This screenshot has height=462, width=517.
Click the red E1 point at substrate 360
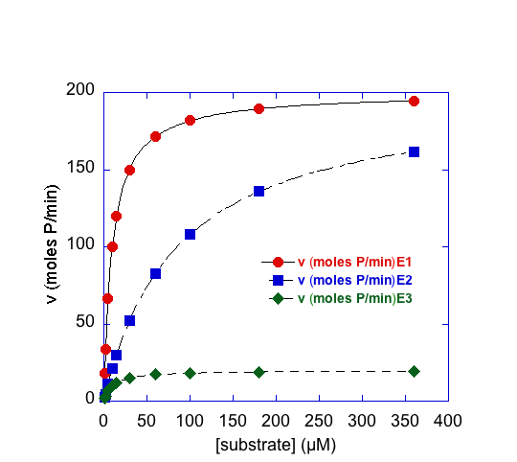click(x=415, y=101)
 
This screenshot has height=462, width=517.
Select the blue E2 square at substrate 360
click(x=415, y=151)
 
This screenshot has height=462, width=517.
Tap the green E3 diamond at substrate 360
click(x=415, y=371)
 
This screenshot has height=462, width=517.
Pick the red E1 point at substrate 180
click(x=259, y=108)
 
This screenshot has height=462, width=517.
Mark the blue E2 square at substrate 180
click(x=259, y=191)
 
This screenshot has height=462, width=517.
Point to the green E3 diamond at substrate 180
click(x=259, y=372)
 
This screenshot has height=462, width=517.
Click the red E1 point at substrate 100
click(x=190, y=121)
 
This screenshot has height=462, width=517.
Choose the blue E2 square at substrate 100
click(x=190, y=234)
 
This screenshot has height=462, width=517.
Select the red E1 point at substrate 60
click(x=156, y=136)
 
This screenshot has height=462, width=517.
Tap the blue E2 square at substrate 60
click(x=156, y=273)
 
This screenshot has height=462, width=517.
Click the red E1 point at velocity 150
click(x=129, y=171)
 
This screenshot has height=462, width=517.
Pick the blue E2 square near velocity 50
click(x=129, y=320)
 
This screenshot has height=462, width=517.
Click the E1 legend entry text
click(x=355, y=262)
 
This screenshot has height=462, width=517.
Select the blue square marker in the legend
click(x=279, y=280)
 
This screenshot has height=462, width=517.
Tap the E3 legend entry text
click(x=355, y=298)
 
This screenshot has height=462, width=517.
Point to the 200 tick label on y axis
click(x=80, y=89)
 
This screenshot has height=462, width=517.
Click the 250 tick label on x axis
click(x=319, y=421)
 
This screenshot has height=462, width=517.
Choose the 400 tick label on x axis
click(x=448, y=421)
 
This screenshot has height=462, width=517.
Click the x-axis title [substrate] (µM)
click(x=276, y=445)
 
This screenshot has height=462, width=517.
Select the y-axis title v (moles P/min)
click(x=52, y=244)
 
